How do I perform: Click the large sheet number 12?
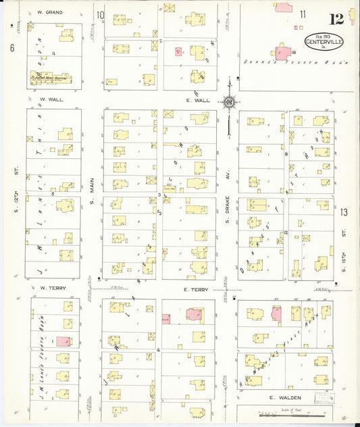point(336,18)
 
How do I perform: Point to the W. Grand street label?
point(50,13)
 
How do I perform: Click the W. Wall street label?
point(49,101)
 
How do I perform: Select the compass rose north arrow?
point(230,103)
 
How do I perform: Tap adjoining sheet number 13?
point(344,213)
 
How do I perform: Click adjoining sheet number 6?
point(12,47)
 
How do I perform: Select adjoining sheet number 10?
point(100,15)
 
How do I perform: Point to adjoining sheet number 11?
point(302,14)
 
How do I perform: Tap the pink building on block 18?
point(280,51)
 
